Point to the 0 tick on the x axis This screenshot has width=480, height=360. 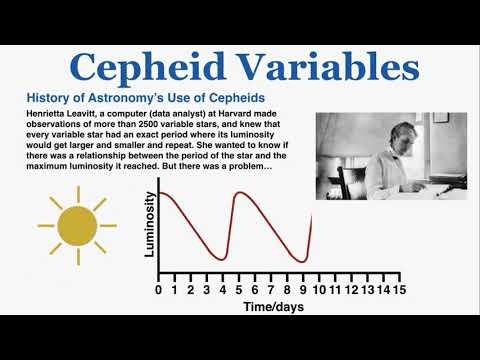158,290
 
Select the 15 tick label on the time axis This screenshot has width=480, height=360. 399,290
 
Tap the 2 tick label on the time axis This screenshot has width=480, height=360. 189,290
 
